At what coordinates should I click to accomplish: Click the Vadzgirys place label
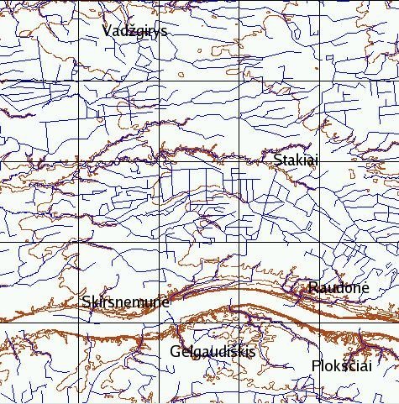point(134,31)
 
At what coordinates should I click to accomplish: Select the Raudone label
point(339,288)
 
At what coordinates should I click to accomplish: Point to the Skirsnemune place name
point(126,302)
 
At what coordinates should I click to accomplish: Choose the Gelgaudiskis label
point(212,351)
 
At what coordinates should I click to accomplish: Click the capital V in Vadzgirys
point(107,31)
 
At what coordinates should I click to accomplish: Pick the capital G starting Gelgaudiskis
point(174,351)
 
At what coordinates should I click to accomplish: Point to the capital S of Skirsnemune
point(87,302)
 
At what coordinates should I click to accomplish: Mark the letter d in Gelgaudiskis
point(218,351)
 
